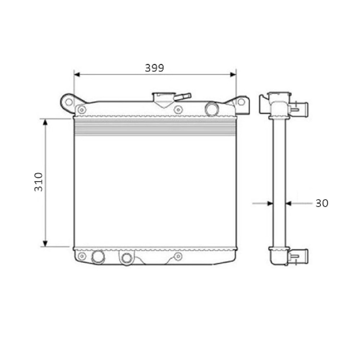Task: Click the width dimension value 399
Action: pyautogui.click(x=154, y=68)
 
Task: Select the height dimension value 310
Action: pyautogui.click(x=39, y=182)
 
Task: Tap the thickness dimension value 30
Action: pyautogui.click(x=321, y=203)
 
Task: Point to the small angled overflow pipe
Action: pyautogui.click(x=183, y=96)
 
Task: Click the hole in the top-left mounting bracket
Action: pyautogui.click(x=67, y=101)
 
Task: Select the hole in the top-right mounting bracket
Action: pyautogui.click(x=241, y=102)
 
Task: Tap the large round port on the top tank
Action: pyautogui.click(x=211, y=108)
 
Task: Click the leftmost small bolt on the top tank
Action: pyautogui.click(x=82, y=109)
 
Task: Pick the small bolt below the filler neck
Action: pyautogui.click(x=178, y=109)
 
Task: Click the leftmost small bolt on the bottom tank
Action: pyautogui.click(x=82, y=256)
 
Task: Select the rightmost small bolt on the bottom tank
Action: pyautogui.click(x=178, y=256)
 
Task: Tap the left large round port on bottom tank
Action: pyautogui.click(x=98, y=256)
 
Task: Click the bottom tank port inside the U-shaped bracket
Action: pyautogui.click(x=126, y=258)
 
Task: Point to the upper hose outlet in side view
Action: pyautogui.click(x=300, y=107)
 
